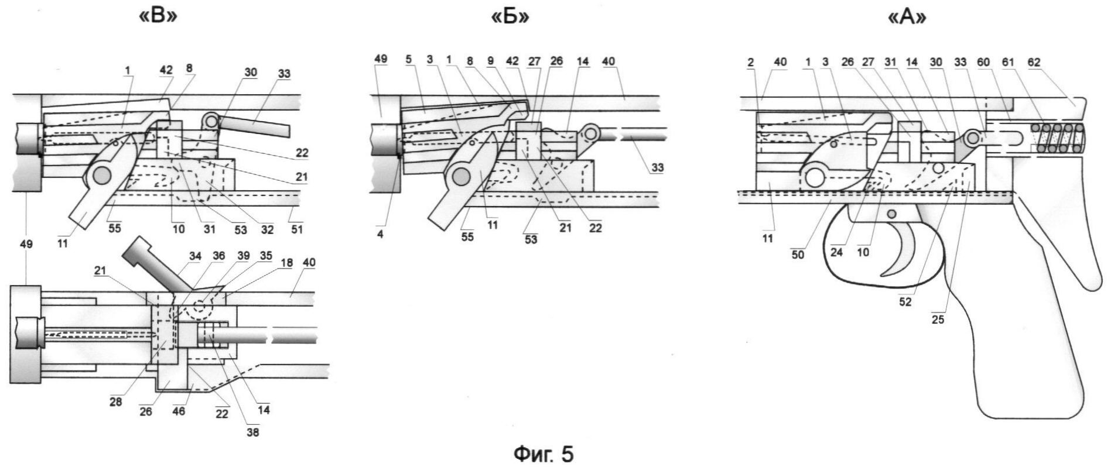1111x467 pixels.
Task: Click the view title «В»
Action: [x=158, y=16]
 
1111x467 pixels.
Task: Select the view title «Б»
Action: [x=510, y=16]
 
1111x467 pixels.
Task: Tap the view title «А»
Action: [x=907, y=17]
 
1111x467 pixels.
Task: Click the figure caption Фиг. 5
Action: [x=544, y=454]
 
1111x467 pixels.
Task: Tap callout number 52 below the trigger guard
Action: [x=905, y=302]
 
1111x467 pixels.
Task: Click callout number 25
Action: [x=938, y=320]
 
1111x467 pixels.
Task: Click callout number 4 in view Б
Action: [x=380, y=235]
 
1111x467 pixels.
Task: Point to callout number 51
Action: [x=297, y=229]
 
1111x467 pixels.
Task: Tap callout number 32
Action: [x=267, y=229]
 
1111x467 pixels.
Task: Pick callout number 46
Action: [x=179, y=411]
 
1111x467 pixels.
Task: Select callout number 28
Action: [x=116, y=402]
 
